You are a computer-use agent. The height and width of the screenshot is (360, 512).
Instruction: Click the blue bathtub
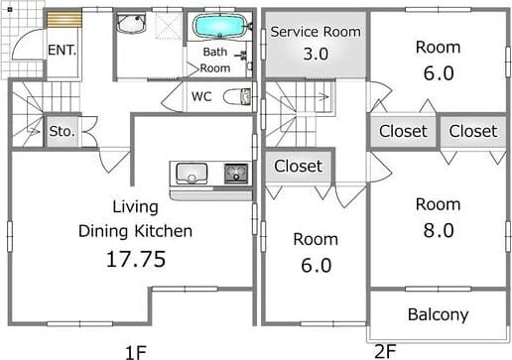220,26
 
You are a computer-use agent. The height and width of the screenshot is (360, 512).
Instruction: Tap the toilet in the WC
237,97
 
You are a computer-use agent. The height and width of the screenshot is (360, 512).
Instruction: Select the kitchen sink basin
192,173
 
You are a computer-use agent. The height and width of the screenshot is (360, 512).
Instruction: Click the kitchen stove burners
236,174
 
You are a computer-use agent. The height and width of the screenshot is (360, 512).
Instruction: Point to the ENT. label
63,51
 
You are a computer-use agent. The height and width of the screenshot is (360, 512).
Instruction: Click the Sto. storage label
62,132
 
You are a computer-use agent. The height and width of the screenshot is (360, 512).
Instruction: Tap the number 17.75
136,259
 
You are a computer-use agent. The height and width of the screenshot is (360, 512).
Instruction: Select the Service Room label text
316,32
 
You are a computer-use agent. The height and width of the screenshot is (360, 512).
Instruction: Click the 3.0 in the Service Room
316,54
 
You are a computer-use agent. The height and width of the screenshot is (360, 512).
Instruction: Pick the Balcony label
438,314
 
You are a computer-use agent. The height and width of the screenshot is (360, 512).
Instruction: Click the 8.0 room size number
439,230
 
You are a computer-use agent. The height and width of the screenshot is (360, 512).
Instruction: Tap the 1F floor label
136,352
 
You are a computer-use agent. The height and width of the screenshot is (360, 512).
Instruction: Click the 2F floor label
385,351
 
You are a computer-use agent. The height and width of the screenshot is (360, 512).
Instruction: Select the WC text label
201,96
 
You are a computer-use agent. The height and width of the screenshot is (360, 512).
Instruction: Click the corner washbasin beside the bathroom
131,23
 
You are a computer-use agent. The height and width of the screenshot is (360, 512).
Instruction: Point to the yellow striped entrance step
64,19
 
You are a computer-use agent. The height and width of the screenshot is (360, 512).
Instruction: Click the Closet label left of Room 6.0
298,166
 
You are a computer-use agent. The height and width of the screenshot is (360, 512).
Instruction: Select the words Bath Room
215,60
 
